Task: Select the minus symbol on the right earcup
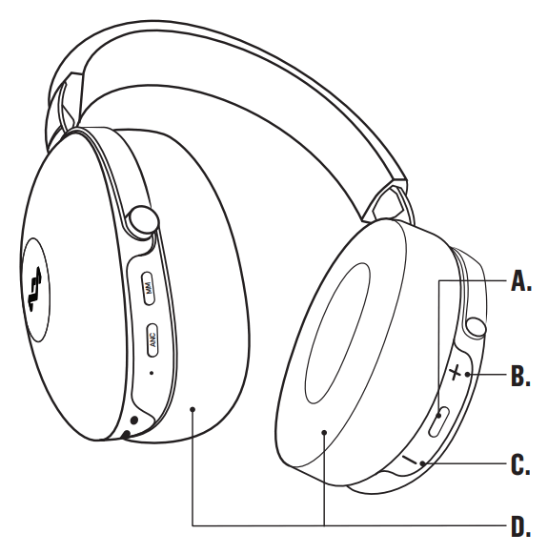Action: (x=411, y=459)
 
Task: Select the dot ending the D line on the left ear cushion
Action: (x=192, y=409)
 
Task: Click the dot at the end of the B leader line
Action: (x=467, y=374)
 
